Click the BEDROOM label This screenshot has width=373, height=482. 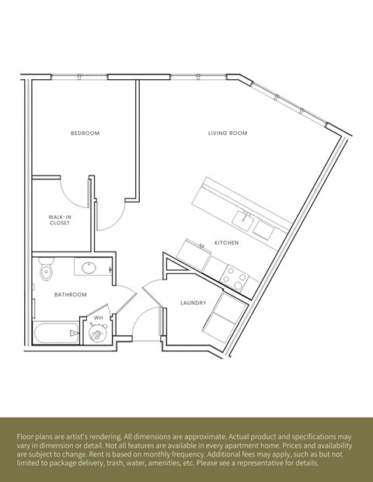(85, 134)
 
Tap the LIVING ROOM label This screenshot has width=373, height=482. (227, 134)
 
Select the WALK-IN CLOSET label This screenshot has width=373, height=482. (60, 220)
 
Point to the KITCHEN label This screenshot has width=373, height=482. (226, 243)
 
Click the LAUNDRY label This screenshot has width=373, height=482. (193, 303)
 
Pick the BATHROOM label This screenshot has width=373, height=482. (70, 295)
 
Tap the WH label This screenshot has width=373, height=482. (99, 317)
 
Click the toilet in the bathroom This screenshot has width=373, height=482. (47, 269)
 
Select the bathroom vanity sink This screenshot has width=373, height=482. (88, 269)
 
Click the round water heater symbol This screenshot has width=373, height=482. (96, 334)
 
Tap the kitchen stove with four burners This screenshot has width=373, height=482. (235, 277)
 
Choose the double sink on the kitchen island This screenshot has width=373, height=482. (253, 224)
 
